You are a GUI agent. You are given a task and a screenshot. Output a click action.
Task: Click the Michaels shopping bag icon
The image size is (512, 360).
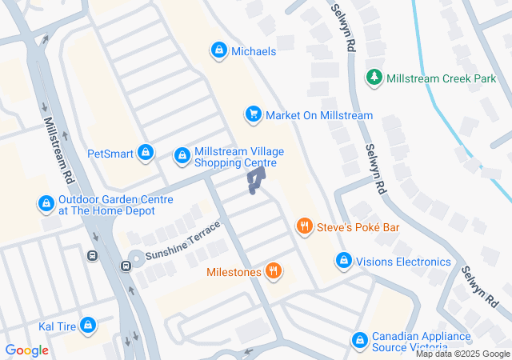click(218, 50)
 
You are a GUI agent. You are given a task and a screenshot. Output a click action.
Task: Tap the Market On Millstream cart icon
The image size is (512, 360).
click(254, 115)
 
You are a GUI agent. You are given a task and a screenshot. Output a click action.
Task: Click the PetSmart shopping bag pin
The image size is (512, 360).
click(145, 152)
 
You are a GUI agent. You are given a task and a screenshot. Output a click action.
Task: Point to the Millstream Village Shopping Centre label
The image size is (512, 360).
click(239, 158)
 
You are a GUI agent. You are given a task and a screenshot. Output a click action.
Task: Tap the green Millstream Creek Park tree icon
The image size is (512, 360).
click(374, 78)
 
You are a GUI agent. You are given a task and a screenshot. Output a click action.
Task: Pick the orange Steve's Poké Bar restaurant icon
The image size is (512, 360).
click(304, 227)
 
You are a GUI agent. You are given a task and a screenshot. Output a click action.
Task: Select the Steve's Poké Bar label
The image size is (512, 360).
click(358, 228)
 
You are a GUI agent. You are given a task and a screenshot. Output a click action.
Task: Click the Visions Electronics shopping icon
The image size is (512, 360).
click(343, 261)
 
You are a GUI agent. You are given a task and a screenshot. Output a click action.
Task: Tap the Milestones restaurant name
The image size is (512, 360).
click(234, 272)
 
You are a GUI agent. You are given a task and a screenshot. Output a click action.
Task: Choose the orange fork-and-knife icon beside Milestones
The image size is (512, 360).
click(274, 271)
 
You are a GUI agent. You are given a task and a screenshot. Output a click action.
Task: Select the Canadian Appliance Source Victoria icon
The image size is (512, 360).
click(361, 342)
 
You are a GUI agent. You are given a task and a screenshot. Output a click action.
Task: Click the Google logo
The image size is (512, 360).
click(26, 350)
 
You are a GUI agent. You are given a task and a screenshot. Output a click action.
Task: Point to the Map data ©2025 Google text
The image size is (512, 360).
click(462, 354)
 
